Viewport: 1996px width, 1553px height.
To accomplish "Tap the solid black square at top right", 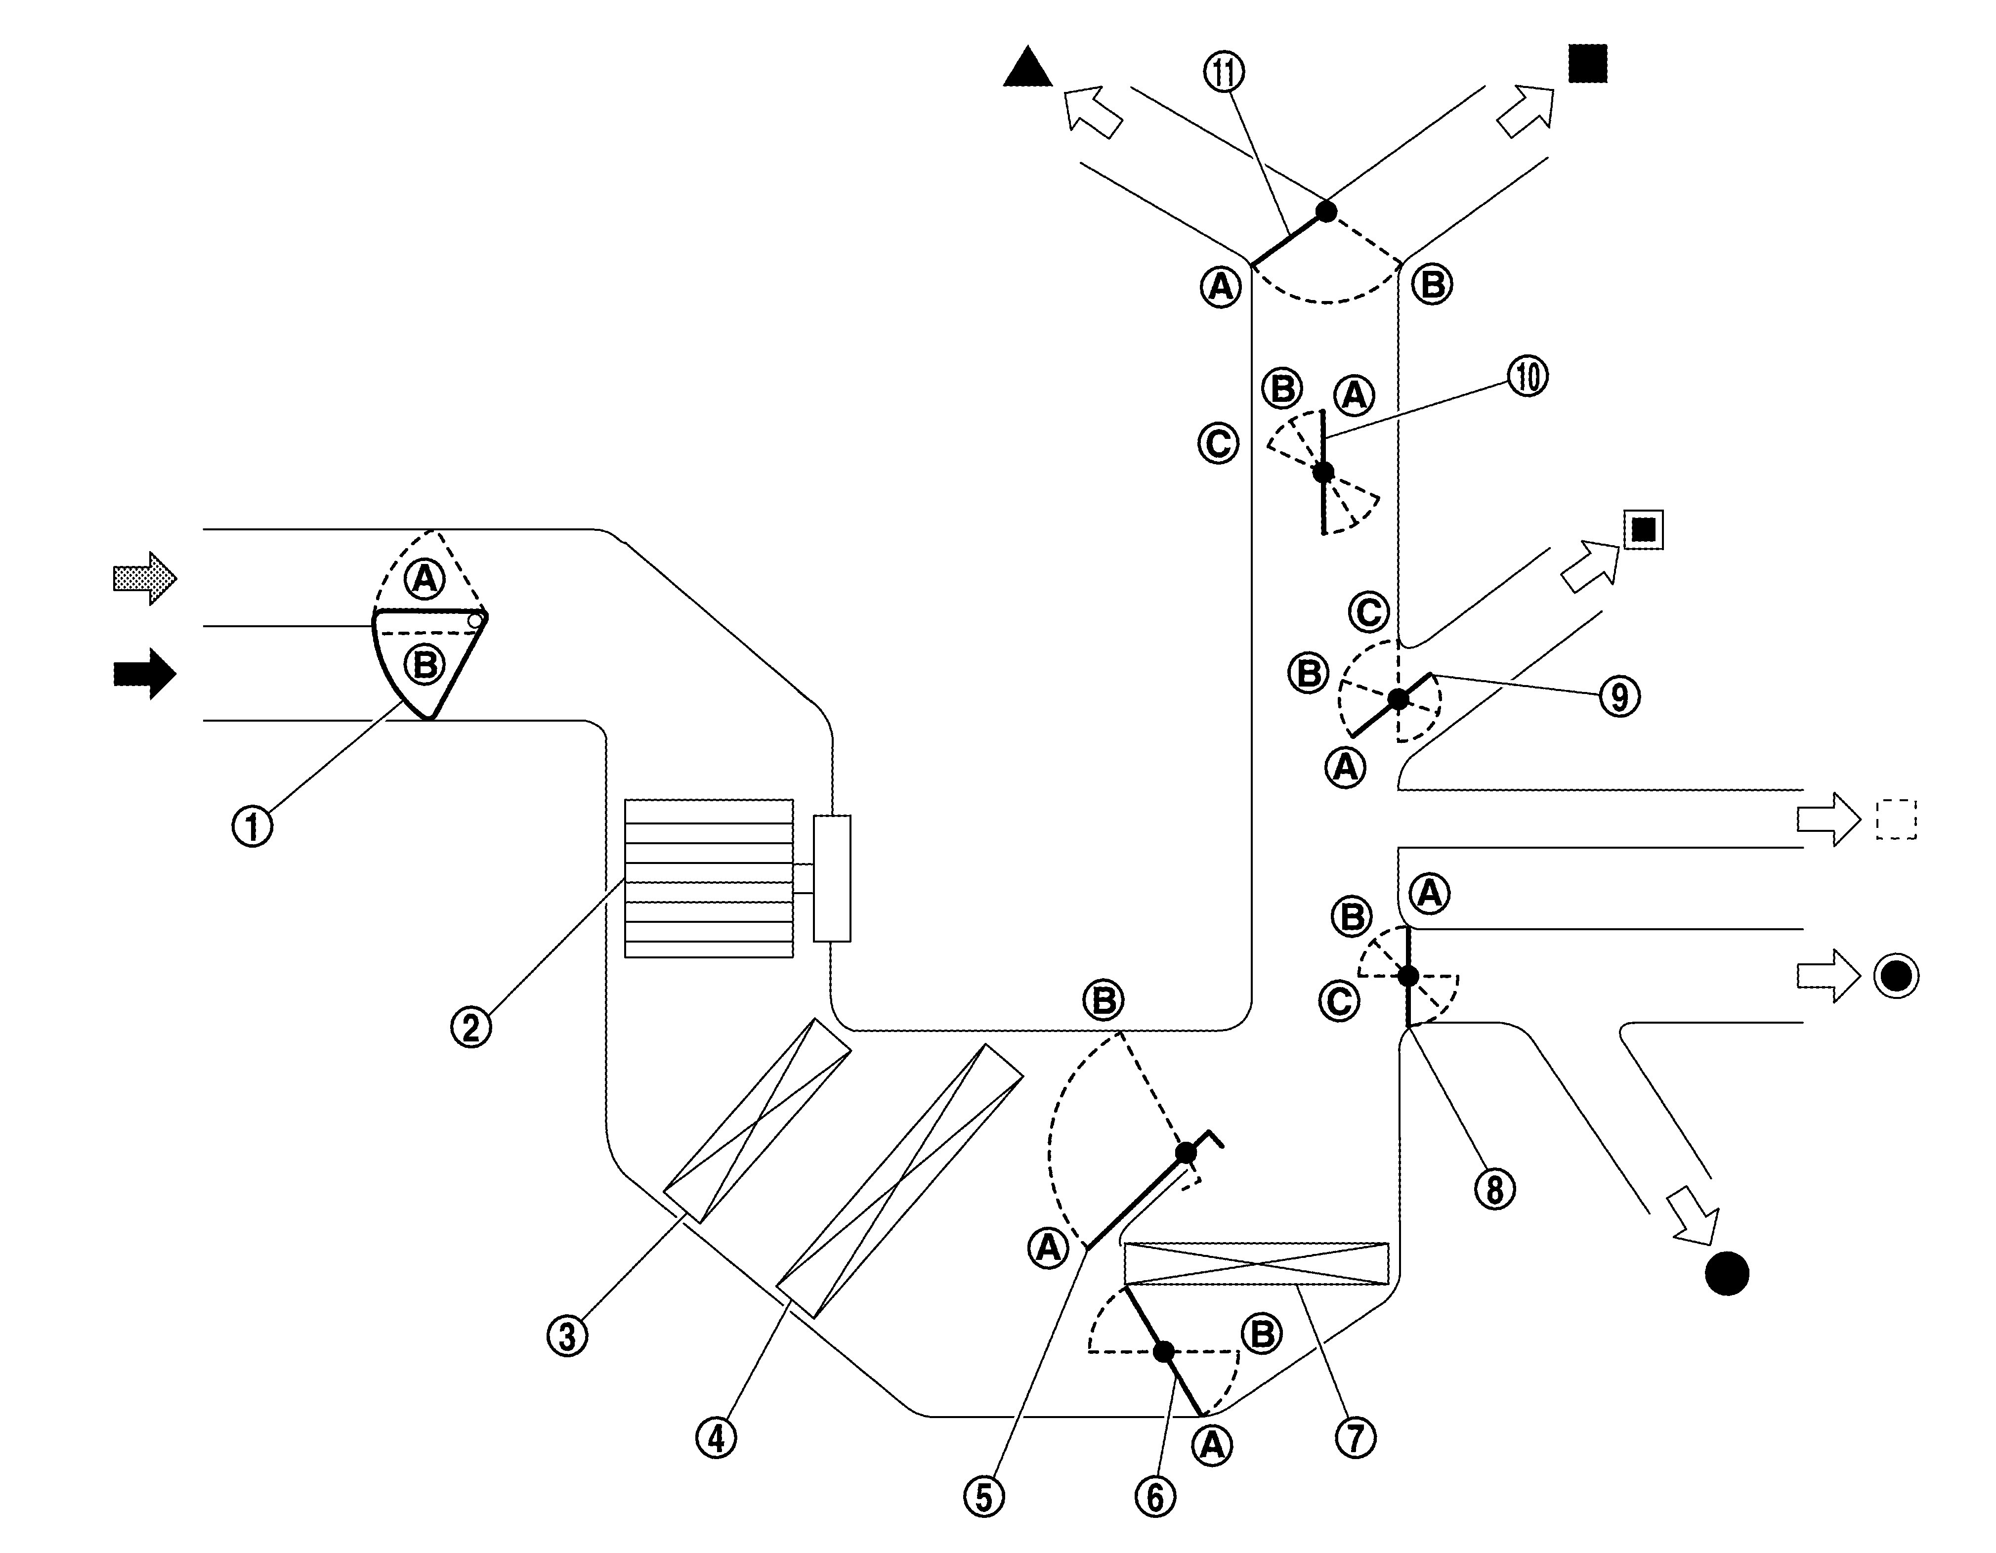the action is pos(1587,64).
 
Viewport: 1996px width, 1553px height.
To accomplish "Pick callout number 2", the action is pos(470,1028).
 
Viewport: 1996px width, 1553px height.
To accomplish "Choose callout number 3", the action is pos(567,1336).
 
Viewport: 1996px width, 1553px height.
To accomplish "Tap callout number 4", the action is pos(717,1438).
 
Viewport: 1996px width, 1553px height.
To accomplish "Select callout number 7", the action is pos(1356,1438).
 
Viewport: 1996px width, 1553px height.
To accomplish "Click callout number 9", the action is pos(1619,696).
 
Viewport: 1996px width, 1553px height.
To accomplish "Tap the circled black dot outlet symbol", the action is pos(1896,976).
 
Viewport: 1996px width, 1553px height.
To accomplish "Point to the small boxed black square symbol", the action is pos(1643,529).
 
